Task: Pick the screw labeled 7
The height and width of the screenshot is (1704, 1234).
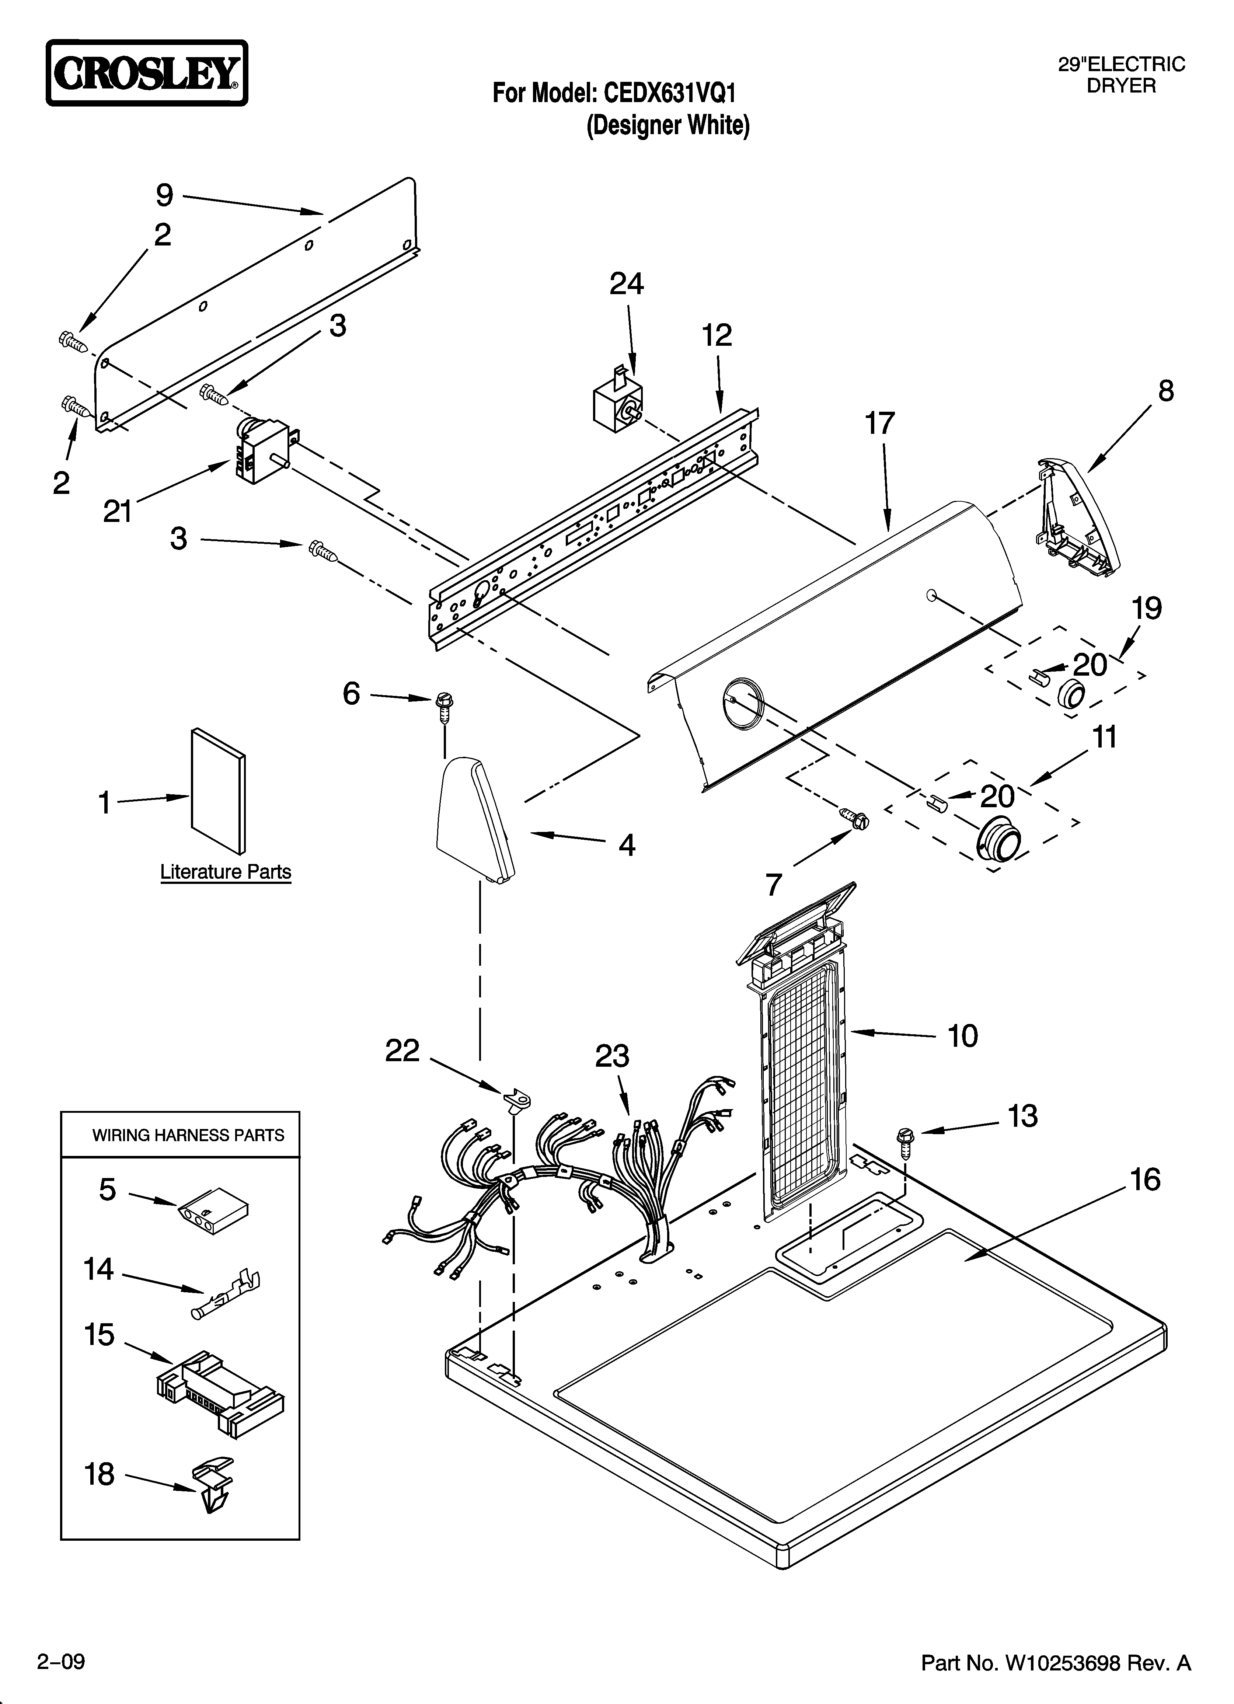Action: click(x=854, y=816)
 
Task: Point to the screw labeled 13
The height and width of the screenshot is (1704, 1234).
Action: click(x=905, y=1142)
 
